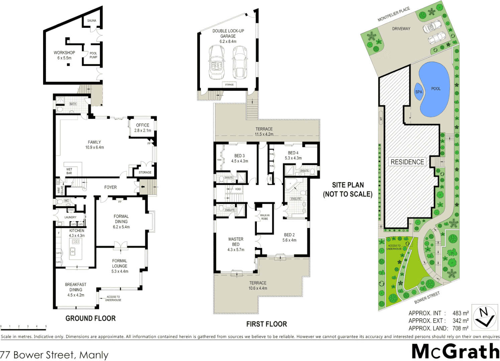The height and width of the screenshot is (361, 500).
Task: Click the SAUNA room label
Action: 92,21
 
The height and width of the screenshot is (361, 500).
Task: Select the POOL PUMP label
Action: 93,55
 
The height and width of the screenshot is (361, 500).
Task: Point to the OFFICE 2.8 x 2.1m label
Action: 143,128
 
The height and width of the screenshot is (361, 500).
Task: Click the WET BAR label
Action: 69,171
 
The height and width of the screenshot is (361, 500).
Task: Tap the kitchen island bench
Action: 76,249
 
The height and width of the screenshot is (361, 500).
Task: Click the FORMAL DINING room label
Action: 121,222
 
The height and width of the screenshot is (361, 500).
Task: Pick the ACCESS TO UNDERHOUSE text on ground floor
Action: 113,298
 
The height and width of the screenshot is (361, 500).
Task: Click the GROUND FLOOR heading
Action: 91,319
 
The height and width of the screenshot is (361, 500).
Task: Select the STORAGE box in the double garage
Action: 229,85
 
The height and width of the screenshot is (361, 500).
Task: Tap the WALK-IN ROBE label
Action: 265,217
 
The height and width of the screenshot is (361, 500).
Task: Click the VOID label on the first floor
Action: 238,189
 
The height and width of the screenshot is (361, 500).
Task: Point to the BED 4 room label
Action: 293,155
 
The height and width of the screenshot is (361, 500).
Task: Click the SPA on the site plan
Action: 419,92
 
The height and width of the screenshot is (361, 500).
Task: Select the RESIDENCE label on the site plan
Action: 407,162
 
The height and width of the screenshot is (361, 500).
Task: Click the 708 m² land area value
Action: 461,328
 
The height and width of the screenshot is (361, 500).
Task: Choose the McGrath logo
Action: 455,351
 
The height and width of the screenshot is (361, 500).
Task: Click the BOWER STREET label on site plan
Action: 427,297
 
